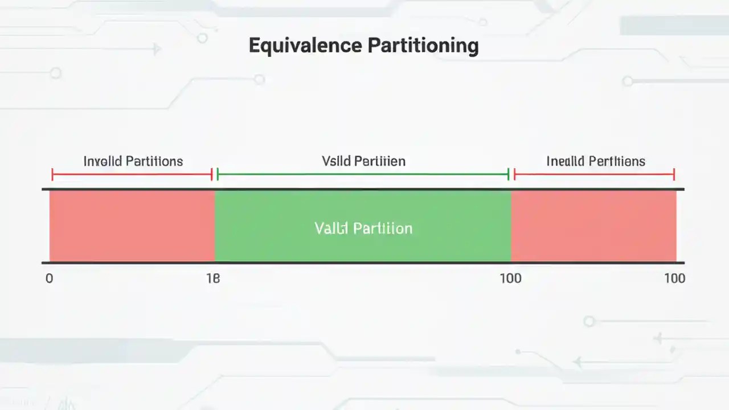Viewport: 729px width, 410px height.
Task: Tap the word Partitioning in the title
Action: (422, 46)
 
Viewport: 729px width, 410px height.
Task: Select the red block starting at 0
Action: (132, 226)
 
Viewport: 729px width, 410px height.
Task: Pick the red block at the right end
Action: (593, 226)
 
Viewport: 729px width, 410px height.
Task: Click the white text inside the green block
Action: (363, 228)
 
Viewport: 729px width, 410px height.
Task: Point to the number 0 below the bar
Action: (49, 278)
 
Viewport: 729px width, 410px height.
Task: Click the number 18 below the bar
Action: (212, 278)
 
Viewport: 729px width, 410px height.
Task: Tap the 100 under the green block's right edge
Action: (510, 278)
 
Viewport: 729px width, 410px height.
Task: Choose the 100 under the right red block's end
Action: (674, 278)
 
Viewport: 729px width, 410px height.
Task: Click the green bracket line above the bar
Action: (363, 175)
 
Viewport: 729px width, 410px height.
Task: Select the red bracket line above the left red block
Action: (132, 175)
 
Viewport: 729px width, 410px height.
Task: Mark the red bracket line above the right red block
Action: (594, 175)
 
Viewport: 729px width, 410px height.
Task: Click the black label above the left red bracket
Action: (133, 161)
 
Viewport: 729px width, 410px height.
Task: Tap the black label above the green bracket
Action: (363, 161)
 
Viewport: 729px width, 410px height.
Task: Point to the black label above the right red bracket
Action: (596, 161)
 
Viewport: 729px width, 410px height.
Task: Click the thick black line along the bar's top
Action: (363, 189)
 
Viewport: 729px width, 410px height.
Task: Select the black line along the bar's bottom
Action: (363, 263)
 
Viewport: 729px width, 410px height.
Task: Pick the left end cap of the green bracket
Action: (218, 175)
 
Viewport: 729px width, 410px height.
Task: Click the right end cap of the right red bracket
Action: (674, 175)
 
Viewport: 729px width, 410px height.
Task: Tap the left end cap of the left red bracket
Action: (52, 175)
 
